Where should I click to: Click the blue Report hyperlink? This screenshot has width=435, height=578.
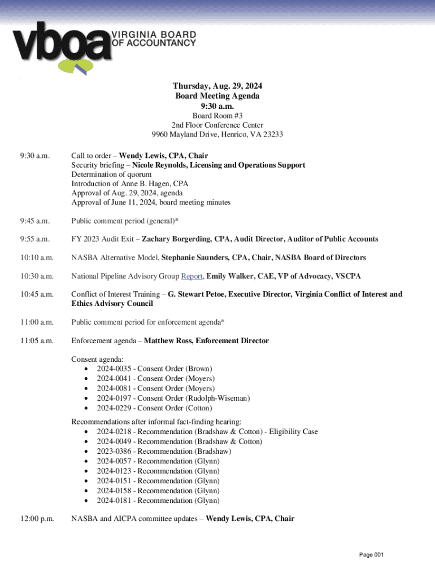192,276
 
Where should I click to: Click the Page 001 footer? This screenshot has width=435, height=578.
371,555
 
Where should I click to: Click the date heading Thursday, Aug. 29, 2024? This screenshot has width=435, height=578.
217,86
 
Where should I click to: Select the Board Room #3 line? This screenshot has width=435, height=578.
217,116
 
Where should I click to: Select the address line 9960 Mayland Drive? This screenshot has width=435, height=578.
217,134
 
